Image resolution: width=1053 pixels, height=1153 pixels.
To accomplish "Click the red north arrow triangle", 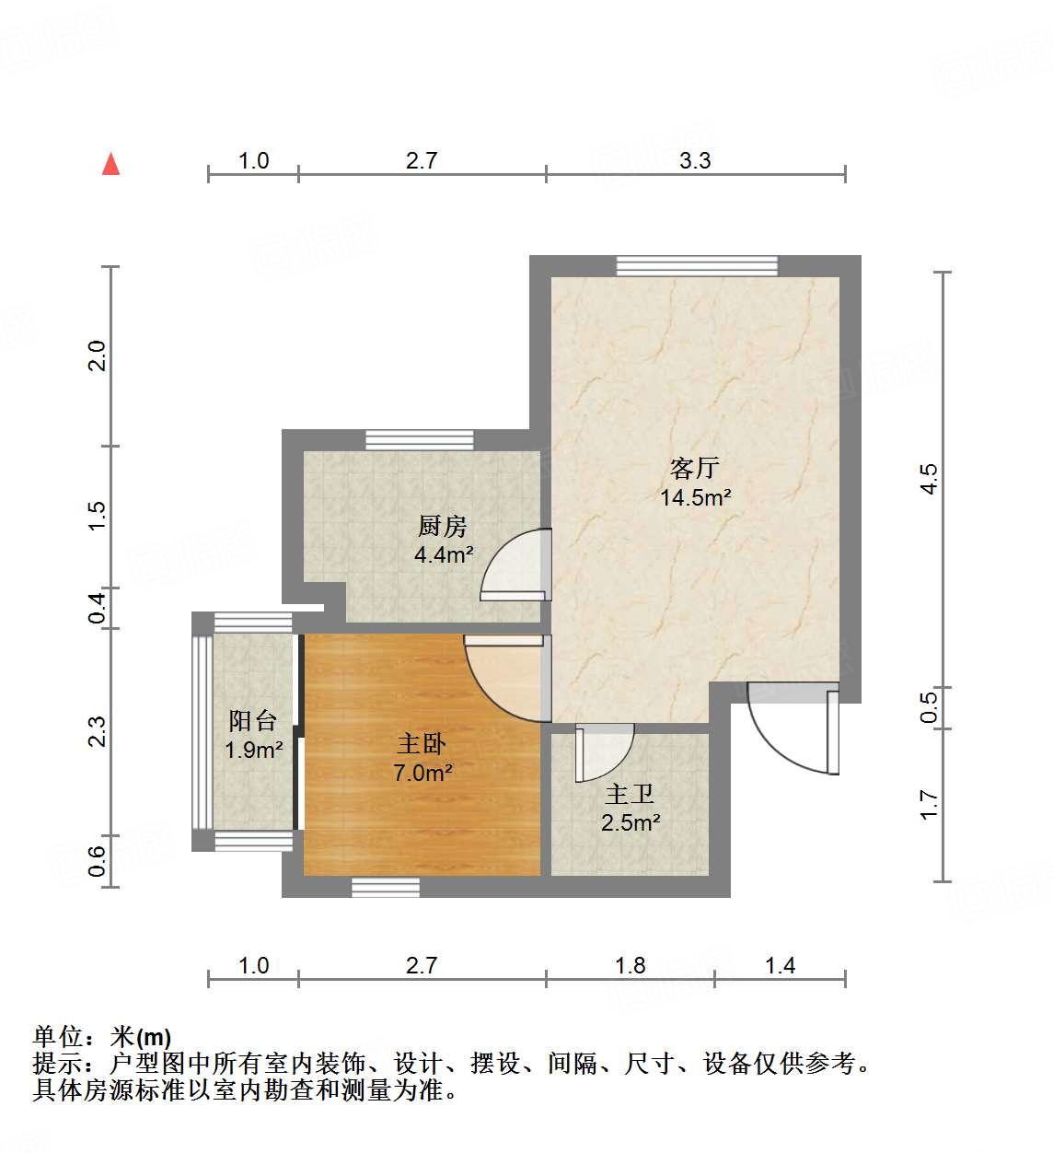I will (111, 164).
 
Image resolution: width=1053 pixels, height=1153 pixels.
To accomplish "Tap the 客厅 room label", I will (694, 468).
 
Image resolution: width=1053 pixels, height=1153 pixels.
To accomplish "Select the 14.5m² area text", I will (695, 498).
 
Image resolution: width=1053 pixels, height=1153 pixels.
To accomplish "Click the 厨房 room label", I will (443, 526).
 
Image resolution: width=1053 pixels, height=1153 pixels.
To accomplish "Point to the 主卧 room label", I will (422, 743).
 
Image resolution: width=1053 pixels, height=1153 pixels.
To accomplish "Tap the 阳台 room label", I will (252, 720).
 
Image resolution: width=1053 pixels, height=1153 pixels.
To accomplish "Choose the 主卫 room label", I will (630, 793).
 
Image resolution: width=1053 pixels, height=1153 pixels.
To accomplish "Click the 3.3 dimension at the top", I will (695, 160).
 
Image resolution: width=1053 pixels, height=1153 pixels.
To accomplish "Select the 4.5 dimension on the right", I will (929, 479).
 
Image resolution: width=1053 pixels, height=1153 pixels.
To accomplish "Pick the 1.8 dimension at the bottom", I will (630, 965).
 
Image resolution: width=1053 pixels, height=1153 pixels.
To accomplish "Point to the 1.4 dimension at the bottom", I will (780, 965).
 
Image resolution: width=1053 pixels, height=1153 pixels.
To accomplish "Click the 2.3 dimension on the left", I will (98, 732).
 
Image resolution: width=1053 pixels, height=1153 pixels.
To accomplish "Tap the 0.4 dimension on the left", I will (98, 608).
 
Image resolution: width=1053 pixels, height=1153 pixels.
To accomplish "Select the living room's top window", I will (697, 266).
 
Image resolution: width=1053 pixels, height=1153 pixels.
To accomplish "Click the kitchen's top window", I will (420, 440).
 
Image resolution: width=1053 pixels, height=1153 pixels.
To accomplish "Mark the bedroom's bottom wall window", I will (386, 887).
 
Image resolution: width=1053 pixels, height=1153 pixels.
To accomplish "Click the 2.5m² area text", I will (631, 822).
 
